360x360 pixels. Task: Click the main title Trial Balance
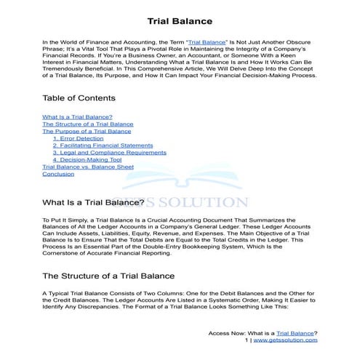[180, 22]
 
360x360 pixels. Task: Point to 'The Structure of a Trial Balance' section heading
[108, 276]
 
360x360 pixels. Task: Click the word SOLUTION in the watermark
[206, 203]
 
